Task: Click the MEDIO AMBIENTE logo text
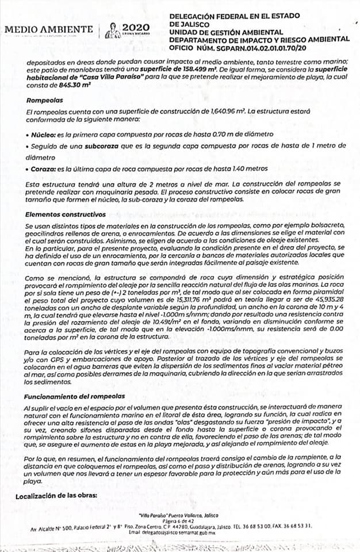click(48, 29)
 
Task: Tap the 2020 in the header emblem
click(136, 27)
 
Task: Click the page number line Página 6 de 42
click(180, 520)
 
